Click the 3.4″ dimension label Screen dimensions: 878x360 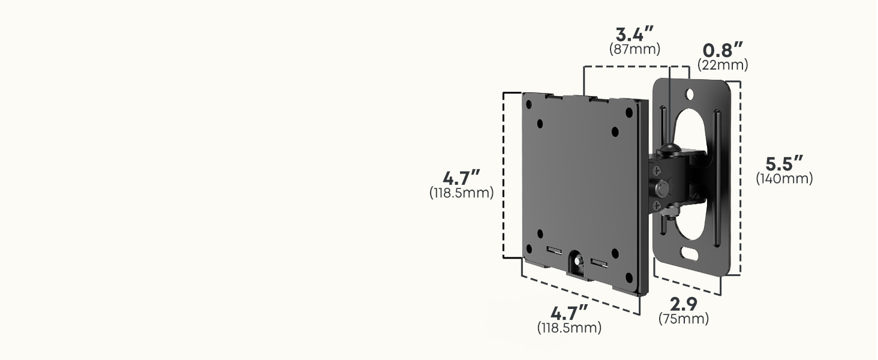tap(635, 34)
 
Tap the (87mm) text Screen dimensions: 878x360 tap(635, 49)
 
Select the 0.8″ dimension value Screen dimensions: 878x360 tap(723, 50)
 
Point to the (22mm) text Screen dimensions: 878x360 tap(723, 65)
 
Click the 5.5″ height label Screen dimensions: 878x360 tap(784, 164)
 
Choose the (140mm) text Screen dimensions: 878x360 tap(784, 178)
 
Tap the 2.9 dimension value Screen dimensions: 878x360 tap(684, 304)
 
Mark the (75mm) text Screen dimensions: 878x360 tap(684, 319)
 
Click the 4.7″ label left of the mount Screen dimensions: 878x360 tap(461, 178)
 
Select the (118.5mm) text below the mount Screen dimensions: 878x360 tap(569, 328)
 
